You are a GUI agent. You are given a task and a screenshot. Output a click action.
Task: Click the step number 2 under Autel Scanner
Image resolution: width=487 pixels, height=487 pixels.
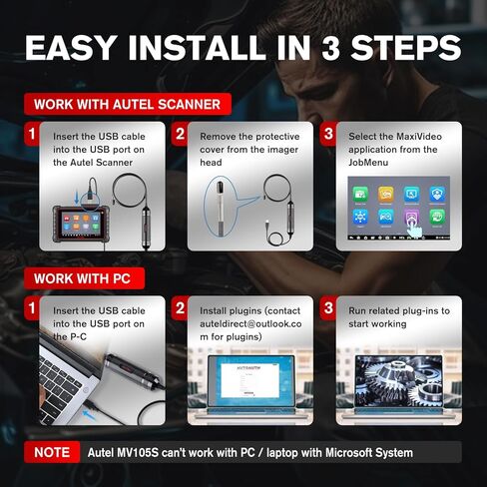[181, 132]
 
